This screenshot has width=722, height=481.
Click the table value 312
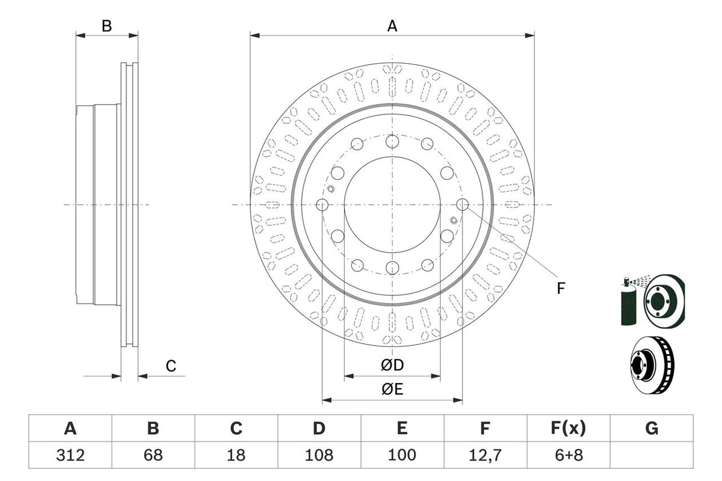70,455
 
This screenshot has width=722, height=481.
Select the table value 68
153,455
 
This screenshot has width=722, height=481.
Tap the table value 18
236,455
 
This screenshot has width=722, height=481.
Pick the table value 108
319,455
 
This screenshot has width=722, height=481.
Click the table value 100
402,455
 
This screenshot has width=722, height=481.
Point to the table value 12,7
485,455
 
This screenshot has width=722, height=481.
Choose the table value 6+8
568,455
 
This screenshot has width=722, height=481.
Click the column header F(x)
568,429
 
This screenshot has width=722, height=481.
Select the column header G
651,429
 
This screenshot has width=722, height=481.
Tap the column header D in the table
319,429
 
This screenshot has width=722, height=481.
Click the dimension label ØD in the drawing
392,365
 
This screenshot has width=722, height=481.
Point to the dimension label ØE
392,389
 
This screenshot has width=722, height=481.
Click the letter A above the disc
392,26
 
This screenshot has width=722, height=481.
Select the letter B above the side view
106,26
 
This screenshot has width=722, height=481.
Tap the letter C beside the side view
171,366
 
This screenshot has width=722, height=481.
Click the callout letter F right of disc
560,289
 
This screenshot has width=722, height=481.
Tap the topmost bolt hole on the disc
392,142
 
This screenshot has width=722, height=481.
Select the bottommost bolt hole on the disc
392,268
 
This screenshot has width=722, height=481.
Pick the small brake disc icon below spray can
652,364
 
